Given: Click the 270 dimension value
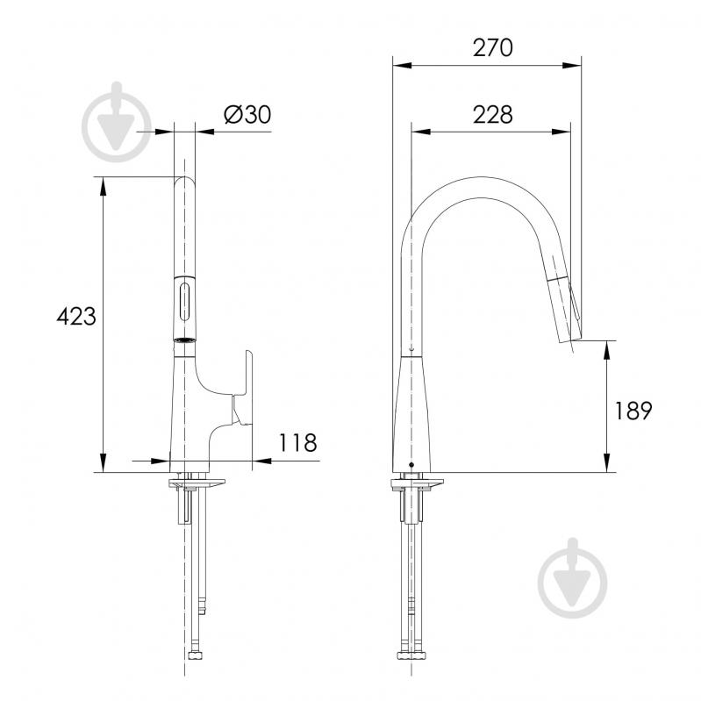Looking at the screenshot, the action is [493, 47].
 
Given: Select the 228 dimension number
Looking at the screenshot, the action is [493, 115].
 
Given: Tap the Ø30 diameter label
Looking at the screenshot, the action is [247, 114].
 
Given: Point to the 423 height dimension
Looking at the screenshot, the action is [76, 317].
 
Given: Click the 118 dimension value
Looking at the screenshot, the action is [297, 442].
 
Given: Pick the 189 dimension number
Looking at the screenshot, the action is [633, 411].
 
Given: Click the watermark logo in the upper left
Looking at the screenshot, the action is [117, 122].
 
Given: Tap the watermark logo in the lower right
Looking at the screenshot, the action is [573, 578].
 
